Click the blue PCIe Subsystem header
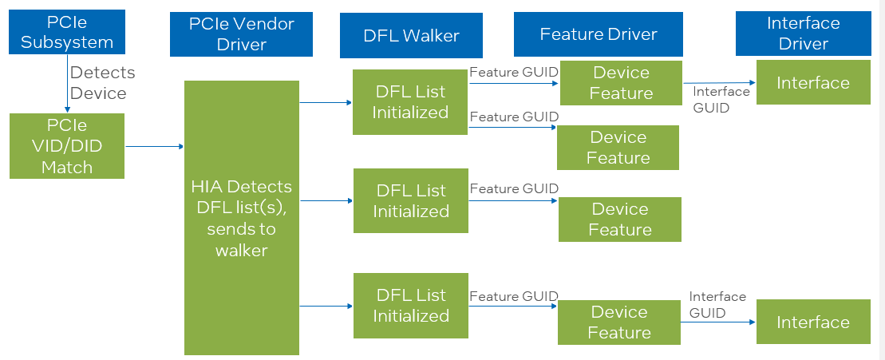pos(67,33)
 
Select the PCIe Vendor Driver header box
pos(241,34)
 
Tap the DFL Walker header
pos(411,34)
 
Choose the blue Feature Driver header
pos(598,34)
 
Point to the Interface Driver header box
pos(803,34)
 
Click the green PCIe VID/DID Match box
pos(67,146)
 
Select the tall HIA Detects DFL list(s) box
pos(241,218)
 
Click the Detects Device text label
pos(102,83)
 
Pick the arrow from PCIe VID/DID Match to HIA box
pos(155,146)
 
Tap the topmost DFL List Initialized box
pos(410,102)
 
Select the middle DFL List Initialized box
pos(410,201)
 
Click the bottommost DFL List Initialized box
pos(410,306)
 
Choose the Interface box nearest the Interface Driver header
pos(812,83)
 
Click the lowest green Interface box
pos(812,322)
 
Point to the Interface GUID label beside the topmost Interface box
pos(721,99)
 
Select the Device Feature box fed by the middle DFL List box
pos(620,220)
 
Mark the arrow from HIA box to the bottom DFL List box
pos(326,306)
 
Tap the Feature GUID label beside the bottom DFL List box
pos(513,296)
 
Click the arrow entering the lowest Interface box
pos(718,322)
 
